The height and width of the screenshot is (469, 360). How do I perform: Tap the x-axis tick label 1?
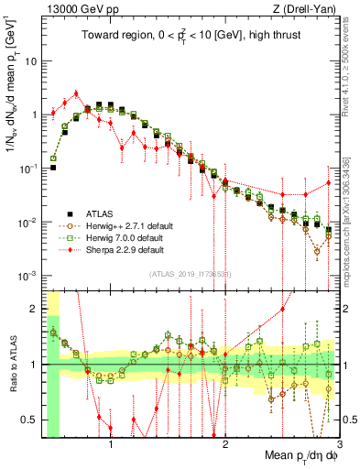pos(111,442)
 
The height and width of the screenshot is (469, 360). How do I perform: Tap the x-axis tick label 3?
pos(339,442)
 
